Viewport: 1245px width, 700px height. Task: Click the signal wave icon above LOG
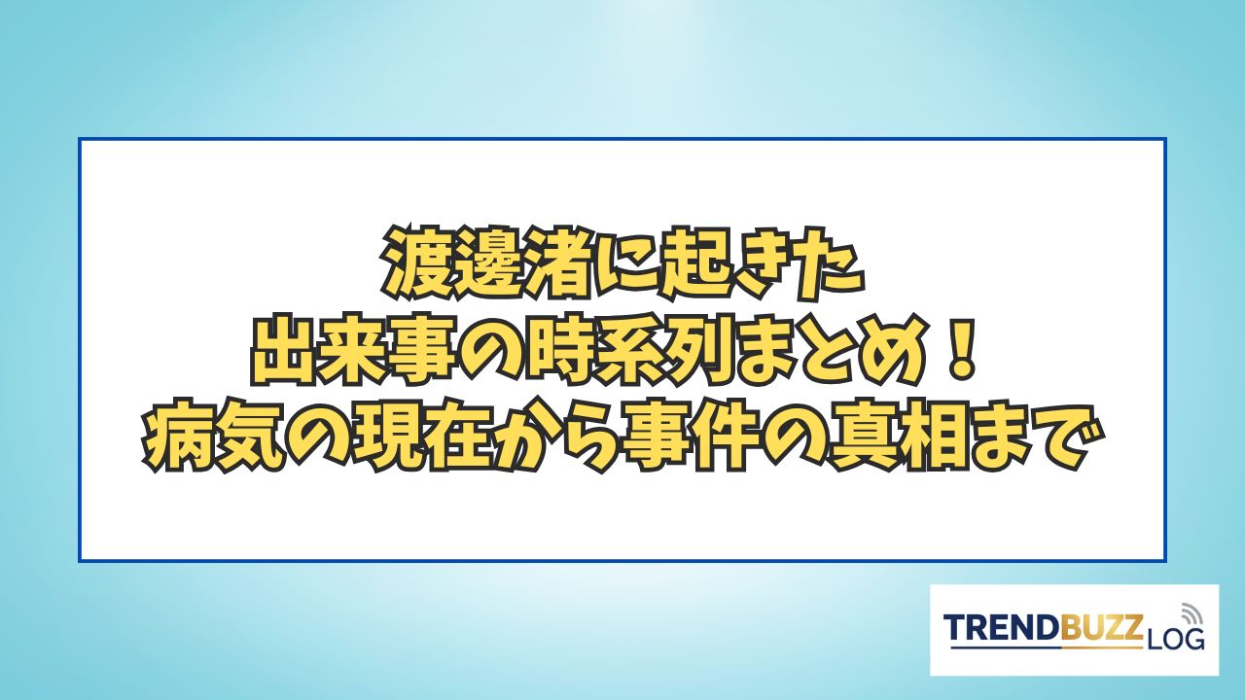coord(1189,615)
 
